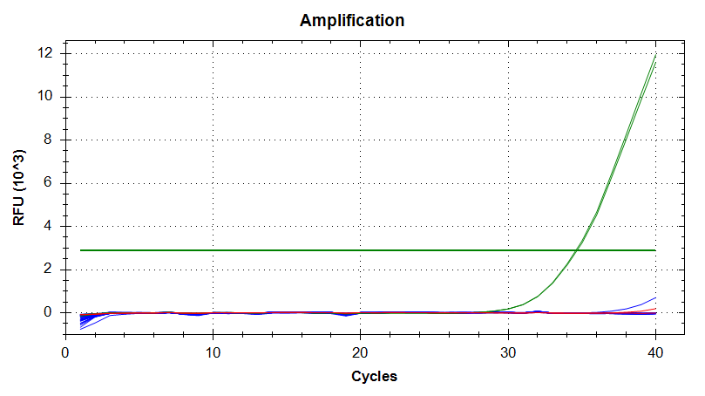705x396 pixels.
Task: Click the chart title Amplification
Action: pyautogui.click(x=352, y=20)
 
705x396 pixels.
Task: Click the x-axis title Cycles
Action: pyautogui.click(x=374, y=377)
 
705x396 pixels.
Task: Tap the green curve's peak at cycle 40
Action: pyautogui.click(x=654, y=57)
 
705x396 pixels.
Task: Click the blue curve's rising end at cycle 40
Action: pyautogui.click(x=654, y=298)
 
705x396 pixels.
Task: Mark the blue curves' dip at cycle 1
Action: pyautogui.click(x=81, y=327)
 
